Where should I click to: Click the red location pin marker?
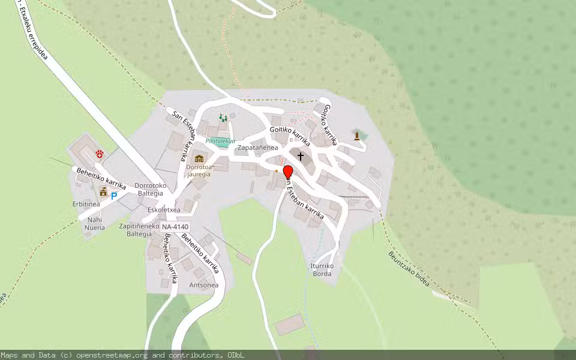click(287, 172)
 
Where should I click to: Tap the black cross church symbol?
click(301, 157)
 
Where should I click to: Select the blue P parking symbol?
click(113, 196)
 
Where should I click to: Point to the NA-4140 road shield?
click(175, 227)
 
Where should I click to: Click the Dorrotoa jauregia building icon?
click(199, 159)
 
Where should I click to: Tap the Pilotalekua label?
click(220, 141)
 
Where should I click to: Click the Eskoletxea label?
click(164, 211)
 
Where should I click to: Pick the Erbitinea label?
click(86, 205)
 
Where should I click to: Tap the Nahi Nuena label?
click(94, 224)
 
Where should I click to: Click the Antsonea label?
click(204, 285)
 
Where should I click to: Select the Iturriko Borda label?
click(322, 270)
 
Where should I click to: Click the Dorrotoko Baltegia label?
click(149, 190)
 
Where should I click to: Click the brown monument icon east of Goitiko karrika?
click(358, 136)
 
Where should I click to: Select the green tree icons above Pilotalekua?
click(224, 118)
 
